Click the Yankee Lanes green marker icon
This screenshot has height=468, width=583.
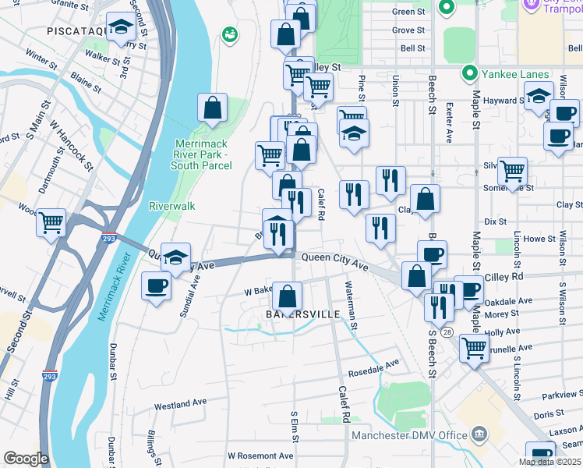coord(469,74)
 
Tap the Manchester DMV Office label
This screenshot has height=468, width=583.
coord(409,435)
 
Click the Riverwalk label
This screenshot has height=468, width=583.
coord(171,206)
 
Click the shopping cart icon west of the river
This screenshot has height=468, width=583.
coord(51,222)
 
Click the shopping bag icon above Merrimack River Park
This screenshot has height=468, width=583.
coord(212,108)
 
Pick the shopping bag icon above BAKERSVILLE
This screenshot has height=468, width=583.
coord(288,296)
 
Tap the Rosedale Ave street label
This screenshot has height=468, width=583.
coord(373,362)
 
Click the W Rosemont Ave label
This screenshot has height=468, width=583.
coord(260,456)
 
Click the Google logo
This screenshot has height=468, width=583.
coord(26,459)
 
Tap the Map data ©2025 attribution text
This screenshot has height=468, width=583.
coord(549,462)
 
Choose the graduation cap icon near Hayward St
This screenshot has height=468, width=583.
coord(539,97)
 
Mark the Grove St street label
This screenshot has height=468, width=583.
coord(408,30)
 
